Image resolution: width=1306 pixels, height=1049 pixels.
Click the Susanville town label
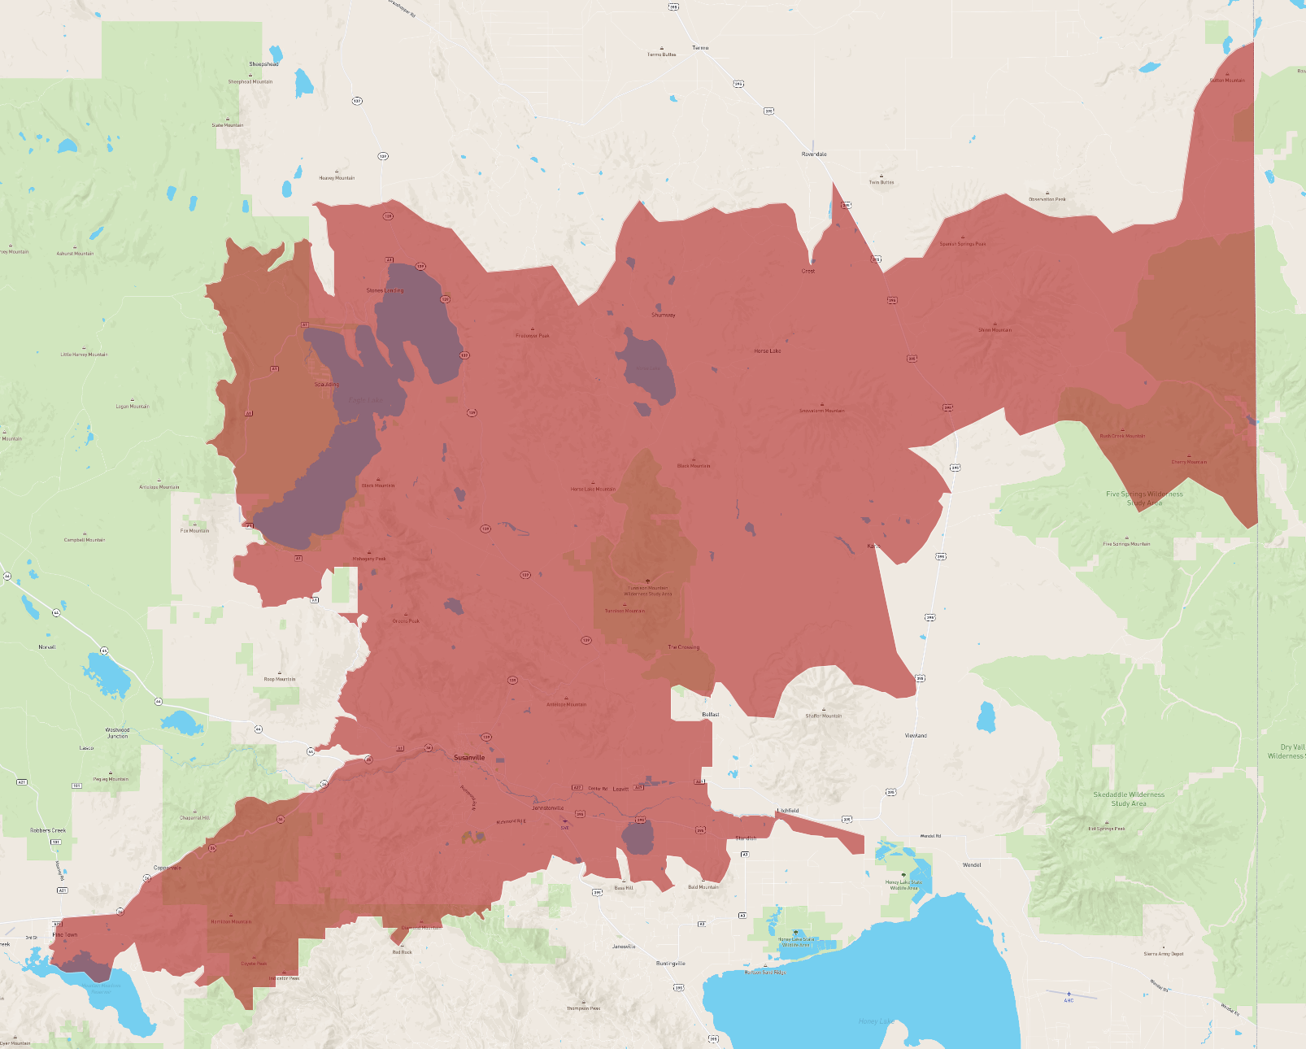(469, 757)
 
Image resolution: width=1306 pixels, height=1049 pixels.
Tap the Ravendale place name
(814, 154)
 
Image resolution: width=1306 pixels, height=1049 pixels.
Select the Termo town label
(700, 48)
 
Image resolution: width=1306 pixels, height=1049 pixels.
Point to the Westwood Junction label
(117, 733)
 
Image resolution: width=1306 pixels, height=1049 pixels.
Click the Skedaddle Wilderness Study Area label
(1129, 799)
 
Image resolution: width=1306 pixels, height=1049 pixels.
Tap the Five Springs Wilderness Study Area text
(1144, 498)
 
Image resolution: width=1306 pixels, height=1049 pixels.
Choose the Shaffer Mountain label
(824, 716)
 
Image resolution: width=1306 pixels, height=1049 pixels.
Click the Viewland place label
(916, 735)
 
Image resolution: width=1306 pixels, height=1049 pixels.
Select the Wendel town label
(972, 864)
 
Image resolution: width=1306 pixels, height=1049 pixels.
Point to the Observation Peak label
(1047, 199)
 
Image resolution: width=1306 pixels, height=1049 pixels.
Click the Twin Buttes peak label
(882, 182)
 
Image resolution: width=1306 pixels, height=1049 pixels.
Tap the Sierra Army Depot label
(1164, 954)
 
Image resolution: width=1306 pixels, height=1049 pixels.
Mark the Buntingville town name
(671, 963)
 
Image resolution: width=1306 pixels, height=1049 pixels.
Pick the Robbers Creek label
(48, 830)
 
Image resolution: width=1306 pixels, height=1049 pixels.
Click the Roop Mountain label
(280, 679)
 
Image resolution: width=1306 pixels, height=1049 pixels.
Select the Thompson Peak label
(584, 1008)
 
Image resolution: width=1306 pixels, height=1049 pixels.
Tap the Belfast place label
(711, 714)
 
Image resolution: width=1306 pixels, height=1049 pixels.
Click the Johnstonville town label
(547, 807)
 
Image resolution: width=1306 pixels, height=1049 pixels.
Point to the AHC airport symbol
(1069, 994)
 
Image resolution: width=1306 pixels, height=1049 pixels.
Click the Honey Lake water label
(876, 1021)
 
